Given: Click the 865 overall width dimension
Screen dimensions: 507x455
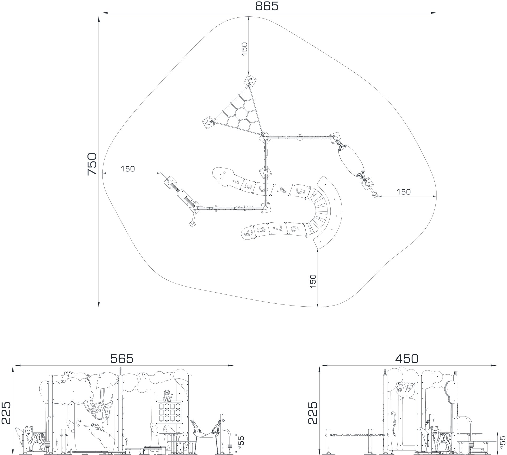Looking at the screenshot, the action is click(x=266, y=6).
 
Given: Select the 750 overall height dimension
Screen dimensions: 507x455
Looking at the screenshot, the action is click(x=92, y=164).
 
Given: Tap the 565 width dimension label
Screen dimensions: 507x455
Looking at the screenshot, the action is click(x=121, y=359).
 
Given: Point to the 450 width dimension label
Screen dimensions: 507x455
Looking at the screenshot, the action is click(x=407, y=359).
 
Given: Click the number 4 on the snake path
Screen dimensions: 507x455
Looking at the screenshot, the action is click(x=283, y=190).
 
